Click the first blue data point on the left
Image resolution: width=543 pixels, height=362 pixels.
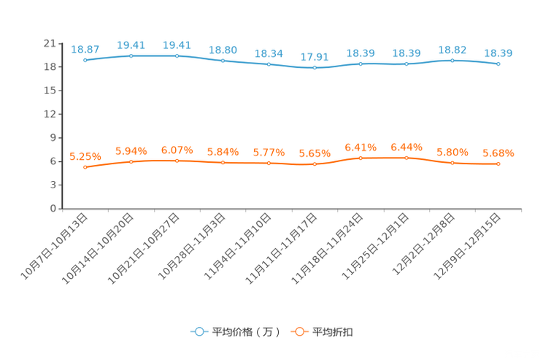click(x=85, y=60)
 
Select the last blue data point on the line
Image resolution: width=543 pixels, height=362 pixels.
click(x=498, y=64)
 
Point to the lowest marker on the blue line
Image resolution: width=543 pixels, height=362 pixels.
click(x=315, y=68)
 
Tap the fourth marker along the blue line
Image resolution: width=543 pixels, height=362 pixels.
click(x=223, y=61)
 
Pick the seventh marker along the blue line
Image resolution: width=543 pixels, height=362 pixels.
click(x=361, y=63)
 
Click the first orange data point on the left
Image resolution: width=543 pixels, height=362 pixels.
click(x=85, y=167)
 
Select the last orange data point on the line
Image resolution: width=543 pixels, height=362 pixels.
click(x=498, y=163)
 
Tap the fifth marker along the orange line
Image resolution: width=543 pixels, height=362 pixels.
click(x=269, y=163)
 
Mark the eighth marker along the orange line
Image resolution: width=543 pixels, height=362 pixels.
click(x=407, y=157)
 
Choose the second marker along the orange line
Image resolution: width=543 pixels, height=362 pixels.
click(x=131, y=161)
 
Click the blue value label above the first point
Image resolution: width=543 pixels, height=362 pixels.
click(x=85, y=49)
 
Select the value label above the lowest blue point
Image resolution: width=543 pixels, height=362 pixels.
click(x=315, y=55)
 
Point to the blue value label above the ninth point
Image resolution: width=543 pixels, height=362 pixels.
click(x=452, y=49)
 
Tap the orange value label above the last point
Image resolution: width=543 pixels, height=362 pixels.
click(x=498, y=153)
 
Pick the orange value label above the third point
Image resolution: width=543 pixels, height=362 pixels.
click(x=177, y=150)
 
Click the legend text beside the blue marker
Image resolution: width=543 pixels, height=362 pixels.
click(x=246, y=332)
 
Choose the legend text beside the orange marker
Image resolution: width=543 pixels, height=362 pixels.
click(x=334, y=332)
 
